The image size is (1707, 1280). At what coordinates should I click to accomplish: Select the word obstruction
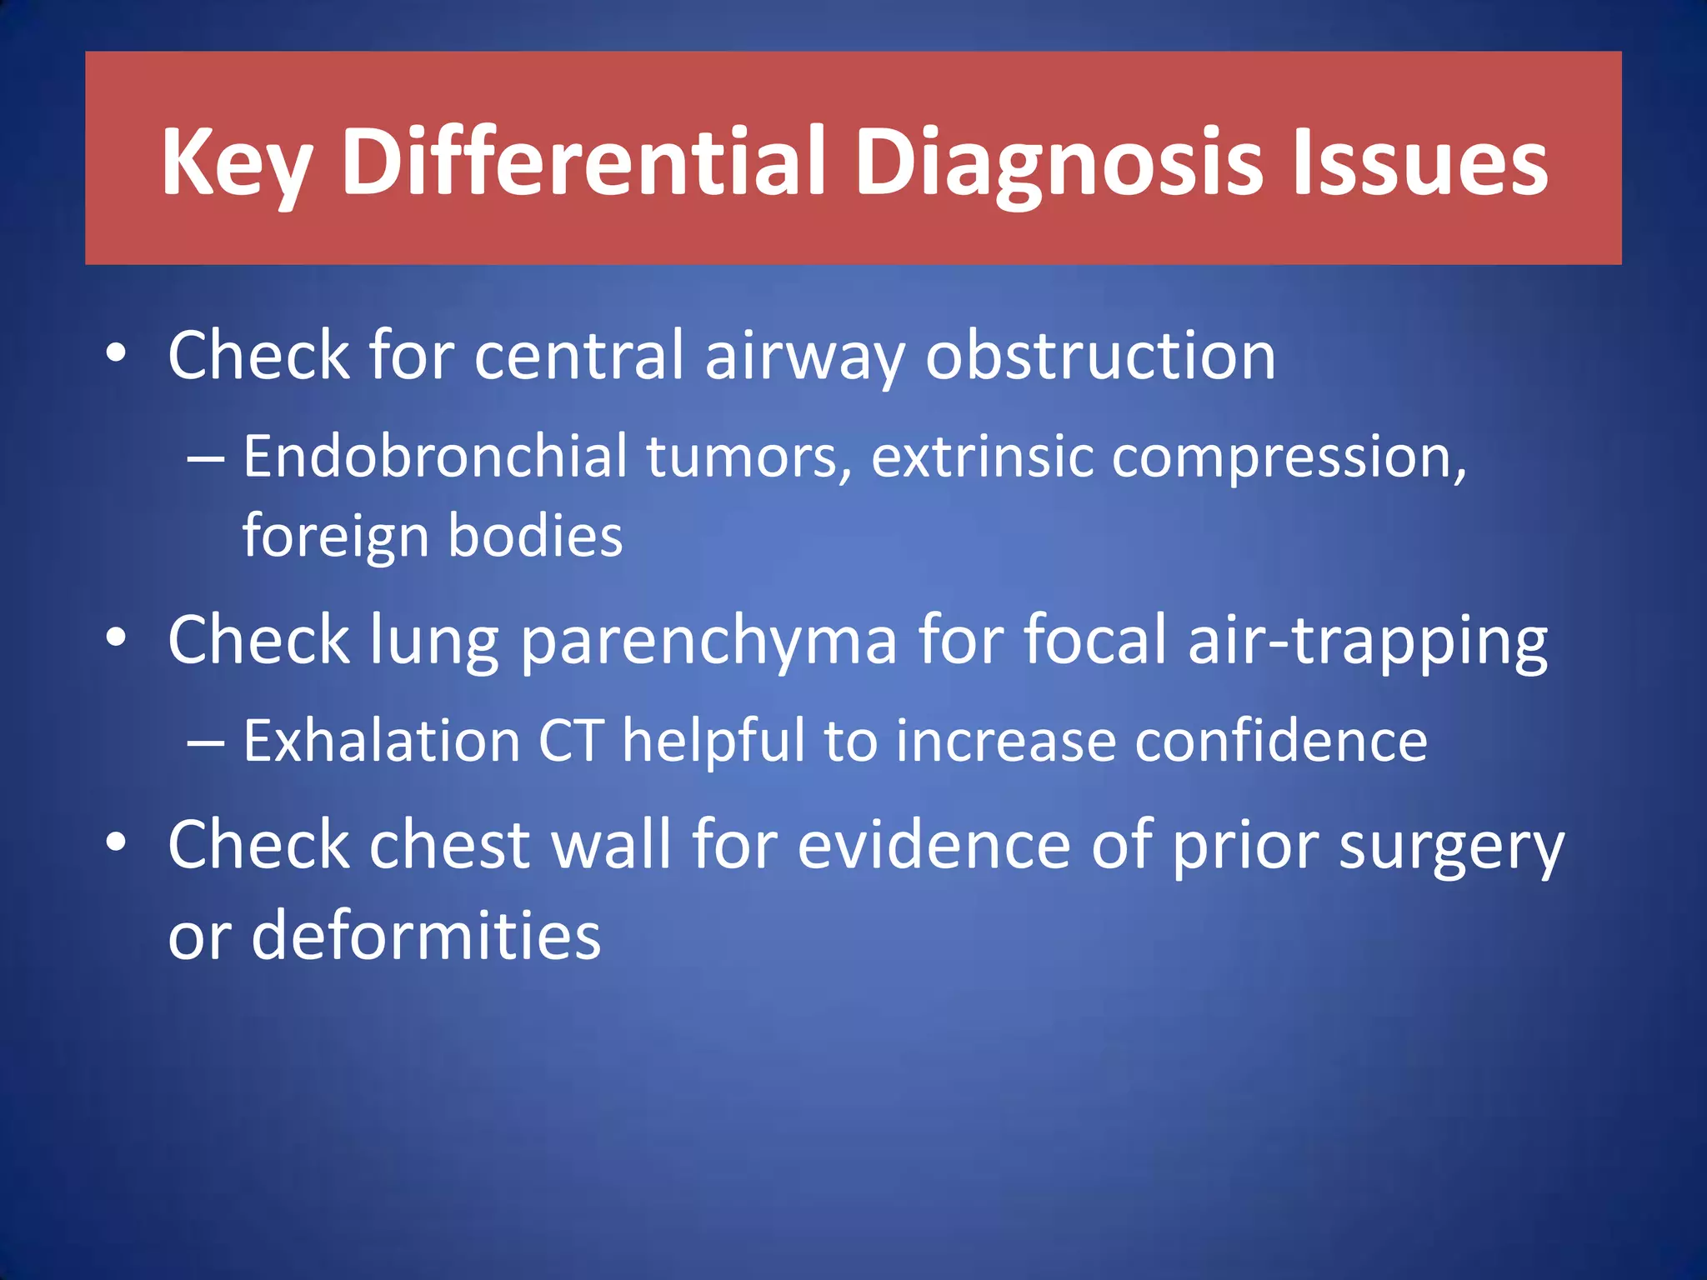tap(1100, 355)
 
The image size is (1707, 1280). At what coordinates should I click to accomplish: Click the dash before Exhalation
tap(206, 742)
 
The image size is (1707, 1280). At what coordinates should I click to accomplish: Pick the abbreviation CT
tap(571, 741)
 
